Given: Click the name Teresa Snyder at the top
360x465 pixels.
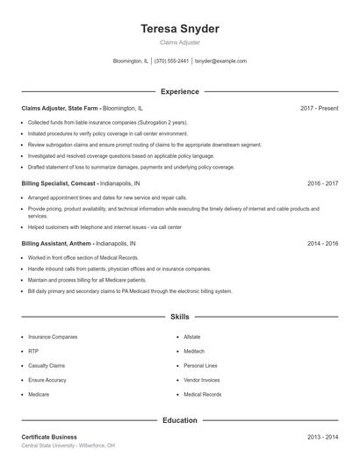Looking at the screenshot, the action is click(x=179, y=29).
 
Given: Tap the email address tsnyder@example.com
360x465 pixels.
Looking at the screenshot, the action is click(x=220, y=61).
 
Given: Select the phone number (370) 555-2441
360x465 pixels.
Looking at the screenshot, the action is click(x=171, y=61).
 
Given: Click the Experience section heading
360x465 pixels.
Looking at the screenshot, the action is click(x=179, y=91).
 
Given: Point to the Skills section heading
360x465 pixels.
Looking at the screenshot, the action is click(x=179, y=316).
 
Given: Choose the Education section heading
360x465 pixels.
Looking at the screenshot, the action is click(x=179, y=420).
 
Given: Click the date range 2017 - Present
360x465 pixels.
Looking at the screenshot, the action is click(x=319, y=108).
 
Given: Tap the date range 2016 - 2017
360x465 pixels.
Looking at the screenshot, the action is click(x=322, y=183).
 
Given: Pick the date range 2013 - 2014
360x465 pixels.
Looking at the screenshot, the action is click(x=322, y=437).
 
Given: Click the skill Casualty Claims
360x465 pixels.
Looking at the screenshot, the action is click(x=47, y=365).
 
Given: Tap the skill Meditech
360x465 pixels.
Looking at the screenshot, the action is click(x=194, y=351).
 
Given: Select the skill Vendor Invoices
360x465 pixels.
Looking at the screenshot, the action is click(x=202, y=380).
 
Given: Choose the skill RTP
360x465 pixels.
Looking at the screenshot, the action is click(x=33, y=351).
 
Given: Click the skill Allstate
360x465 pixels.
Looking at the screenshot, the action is click(x=192, y=336).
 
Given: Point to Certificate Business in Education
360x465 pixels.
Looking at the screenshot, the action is click(x=49, y=437).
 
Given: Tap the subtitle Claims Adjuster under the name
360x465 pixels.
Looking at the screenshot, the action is click(x=179, y=42).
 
